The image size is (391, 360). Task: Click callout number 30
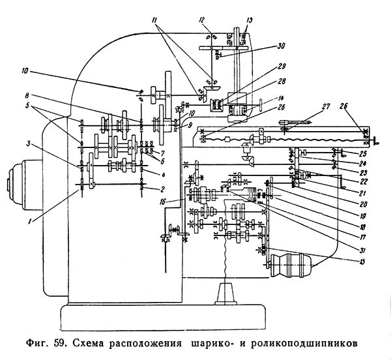[x=280, y=46]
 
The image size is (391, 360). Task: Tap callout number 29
[x=282, y=67]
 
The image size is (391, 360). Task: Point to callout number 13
[x=250, y=20]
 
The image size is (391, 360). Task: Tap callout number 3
[x=29, y=143]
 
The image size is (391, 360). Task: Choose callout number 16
[x=163, y=202]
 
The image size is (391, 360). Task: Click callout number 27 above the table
[x=326, y=107]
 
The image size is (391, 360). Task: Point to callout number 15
[x=362, y=262]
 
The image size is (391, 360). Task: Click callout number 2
[x=162, y=190]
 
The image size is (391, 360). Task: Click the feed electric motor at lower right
[x=291, y=265]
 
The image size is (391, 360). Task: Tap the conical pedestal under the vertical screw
[x=225, y=293]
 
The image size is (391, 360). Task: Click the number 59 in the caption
[x=59, y=343]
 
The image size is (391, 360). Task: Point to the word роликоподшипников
[x=304, y=344]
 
